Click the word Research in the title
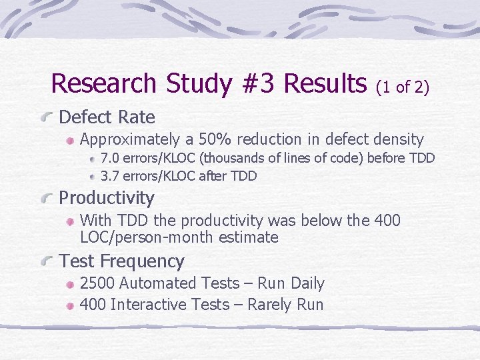click(103, 84)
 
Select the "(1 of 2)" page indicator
click(403, 87)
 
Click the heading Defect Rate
click(107, 118)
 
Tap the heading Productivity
click(107, 198)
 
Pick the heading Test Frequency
click(121, 261)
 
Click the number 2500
click(97, 283)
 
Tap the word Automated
click(151, 283)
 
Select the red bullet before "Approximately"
click(69, 141)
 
